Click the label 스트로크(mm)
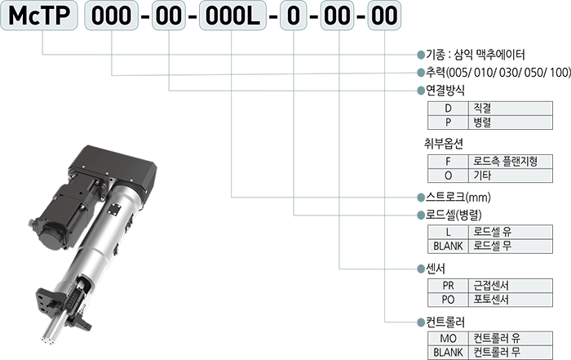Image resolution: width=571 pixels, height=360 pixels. coord(456,198)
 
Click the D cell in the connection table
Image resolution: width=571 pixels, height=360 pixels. coord(447,107)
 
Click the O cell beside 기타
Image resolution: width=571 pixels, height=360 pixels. coord(447,176)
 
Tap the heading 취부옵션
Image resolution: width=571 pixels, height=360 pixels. coord(444,143)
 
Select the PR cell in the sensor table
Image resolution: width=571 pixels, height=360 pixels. coord(447,285)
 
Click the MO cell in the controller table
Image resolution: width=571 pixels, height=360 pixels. coord(447,338)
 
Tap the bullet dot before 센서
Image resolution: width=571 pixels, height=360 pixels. coord(421,269)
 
